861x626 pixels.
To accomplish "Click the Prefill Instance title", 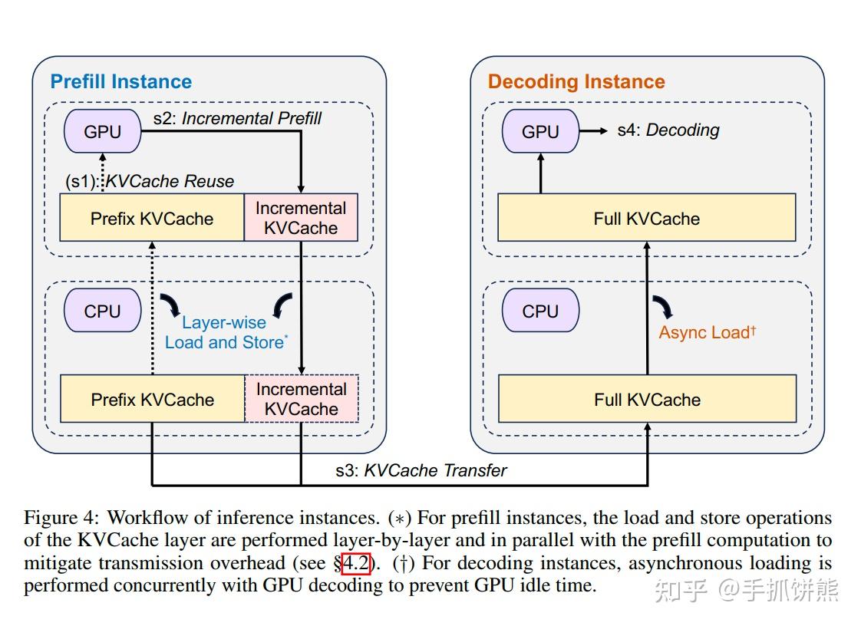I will (121, 81).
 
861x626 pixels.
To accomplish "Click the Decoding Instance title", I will (576, 81).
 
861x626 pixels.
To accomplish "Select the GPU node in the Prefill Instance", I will (102, 131).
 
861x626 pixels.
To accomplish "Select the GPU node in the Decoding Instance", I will (540, 131).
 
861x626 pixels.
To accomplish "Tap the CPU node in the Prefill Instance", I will (102, 311).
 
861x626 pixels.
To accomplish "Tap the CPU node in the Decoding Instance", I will (540, 311).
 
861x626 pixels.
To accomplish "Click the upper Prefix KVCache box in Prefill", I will (152, 219).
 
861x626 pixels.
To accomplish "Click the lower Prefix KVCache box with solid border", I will (152, 400).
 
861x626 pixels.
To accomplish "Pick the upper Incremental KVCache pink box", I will (301, 218).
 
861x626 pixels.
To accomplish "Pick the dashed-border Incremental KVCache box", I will (301, 399).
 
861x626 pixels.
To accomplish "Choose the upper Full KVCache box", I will (647, 219).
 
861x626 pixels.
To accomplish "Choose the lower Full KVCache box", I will (647, 400).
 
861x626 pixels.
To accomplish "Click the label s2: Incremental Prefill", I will (237, 118).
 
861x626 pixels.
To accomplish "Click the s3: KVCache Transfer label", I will (421, 470).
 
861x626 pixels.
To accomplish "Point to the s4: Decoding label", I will (668, 130).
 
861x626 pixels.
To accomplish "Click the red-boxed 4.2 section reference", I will (356, 564).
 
